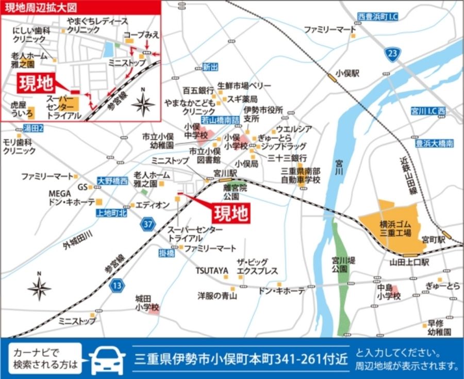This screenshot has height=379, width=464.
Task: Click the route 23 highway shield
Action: [x=393, y=54]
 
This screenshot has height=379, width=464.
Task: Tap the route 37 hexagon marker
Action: [x=148, y=224]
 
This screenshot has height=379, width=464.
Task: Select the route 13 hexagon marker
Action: [x=118, y=285]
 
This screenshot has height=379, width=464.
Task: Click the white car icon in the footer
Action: [x=108, y=358]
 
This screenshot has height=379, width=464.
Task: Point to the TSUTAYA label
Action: [x=211, y=271]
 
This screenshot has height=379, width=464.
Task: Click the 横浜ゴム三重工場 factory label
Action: [x=395, y=228]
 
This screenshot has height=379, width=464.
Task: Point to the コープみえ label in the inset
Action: [x=141, y=35]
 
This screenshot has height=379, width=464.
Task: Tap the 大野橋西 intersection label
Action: [x=112, y=181]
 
